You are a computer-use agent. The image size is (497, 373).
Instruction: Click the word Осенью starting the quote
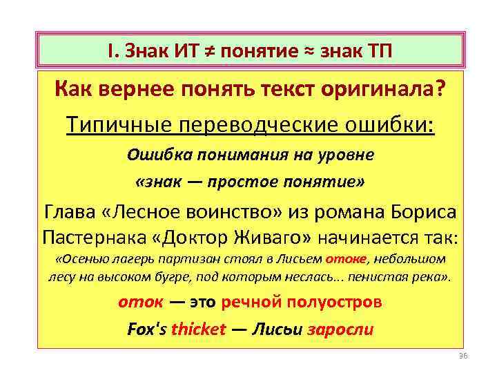coord(80,260)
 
